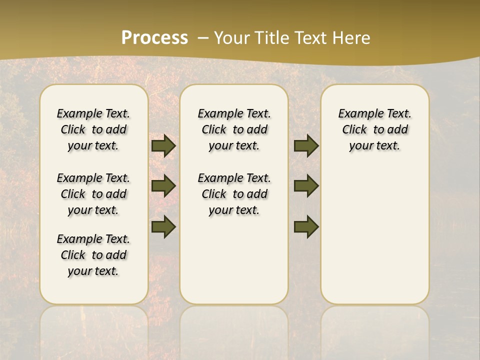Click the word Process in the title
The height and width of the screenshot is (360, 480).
click(x=154, y=37)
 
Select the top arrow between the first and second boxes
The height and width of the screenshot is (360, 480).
click(x=163, y=145)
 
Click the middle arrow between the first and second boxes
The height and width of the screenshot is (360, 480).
click(x=163, y=186)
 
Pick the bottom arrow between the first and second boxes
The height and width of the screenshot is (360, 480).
click(x=163, y=226)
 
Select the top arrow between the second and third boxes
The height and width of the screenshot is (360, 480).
click(x=306, y=145)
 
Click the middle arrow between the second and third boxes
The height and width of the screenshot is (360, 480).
click(x=306, y=186)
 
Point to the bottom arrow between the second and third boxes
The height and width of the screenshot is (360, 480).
click(x=306, y=226)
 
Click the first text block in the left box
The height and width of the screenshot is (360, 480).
click(x=93, y=129)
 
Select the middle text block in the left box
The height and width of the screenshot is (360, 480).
click(x=93, y=194)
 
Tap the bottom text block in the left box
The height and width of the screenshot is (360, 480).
click(x=93, y=255)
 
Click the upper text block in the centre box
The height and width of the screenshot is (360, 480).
click(x=234, y=129)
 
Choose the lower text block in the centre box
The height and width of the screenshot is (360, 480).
click(x=234, y=194)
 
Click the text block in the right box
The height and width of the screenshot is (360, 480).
click(x=375, y=129)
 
